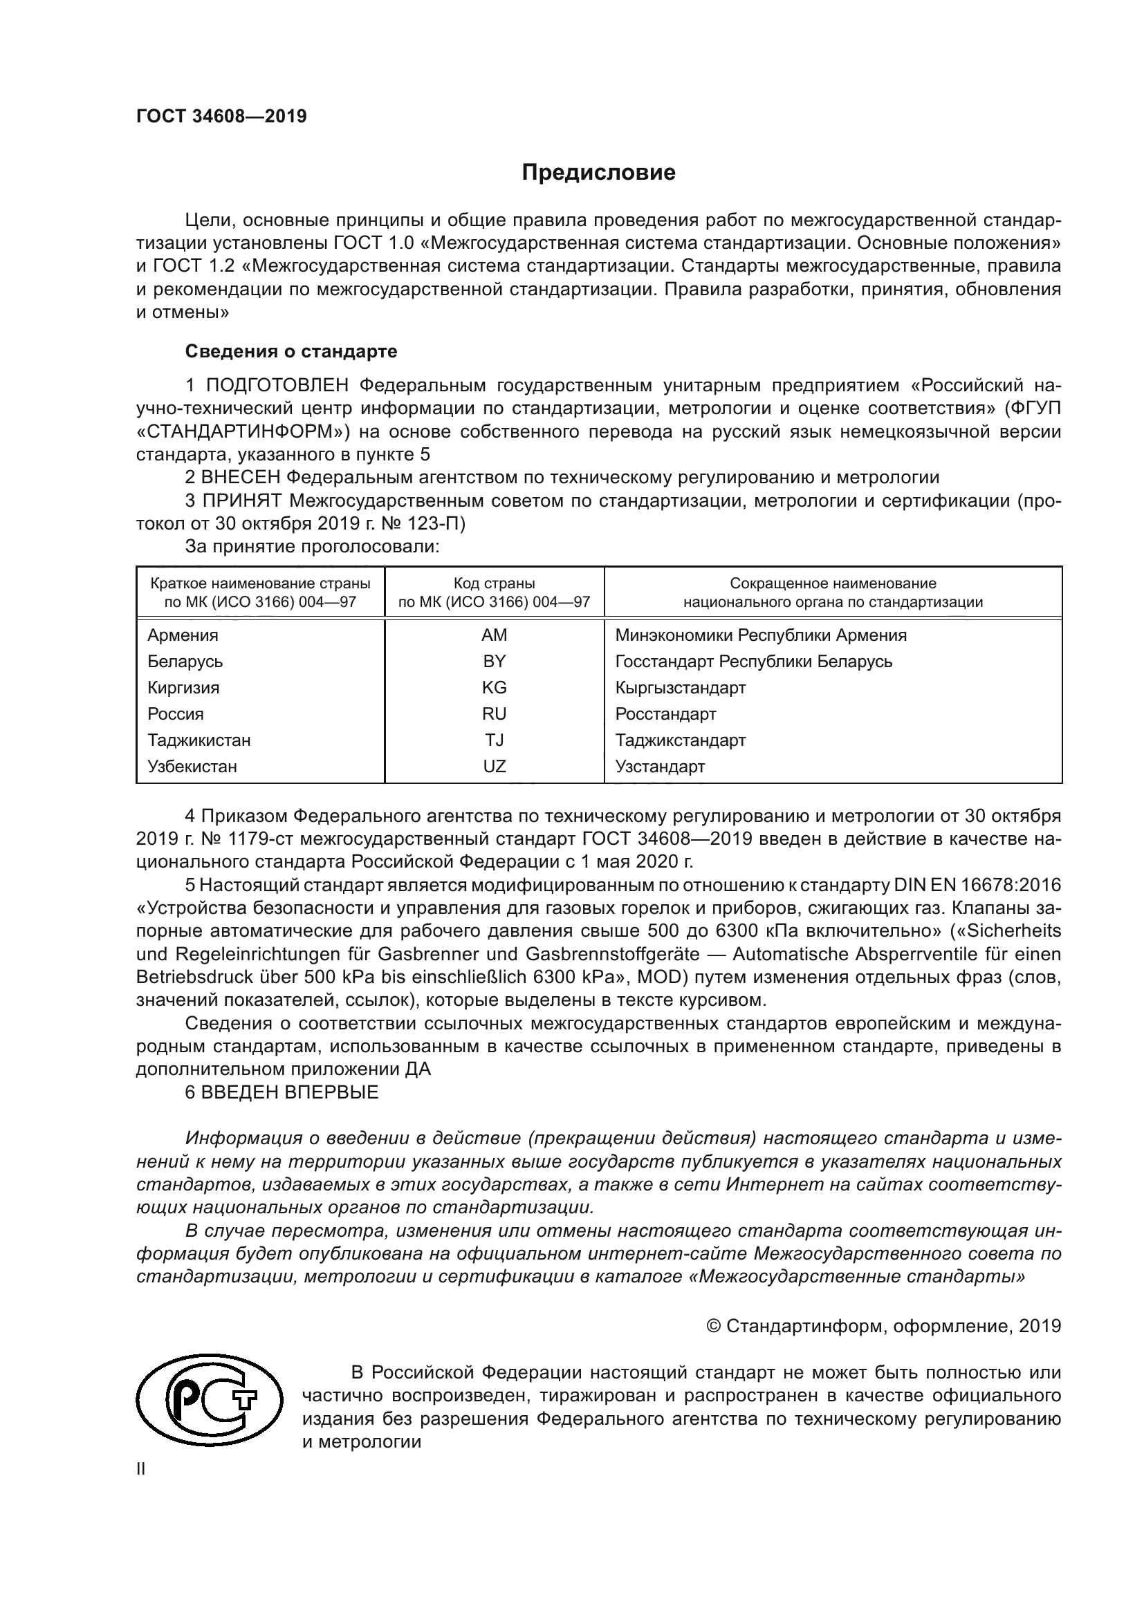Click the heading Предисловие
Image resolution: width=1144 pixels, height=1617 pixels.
coord(598,173)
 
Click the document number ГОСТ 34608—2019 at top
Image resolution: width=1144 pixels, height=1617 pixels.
coord(221,116)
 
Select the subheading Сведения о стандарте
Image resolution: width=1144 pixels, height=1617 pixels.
coord(291,350)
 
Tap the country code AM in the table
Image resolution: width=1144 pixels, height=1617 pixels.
coord(494,635)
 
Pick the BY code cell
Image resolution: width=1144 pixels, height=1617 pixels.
coord(494,662)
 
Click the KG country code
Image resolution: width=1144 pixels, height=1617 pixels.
coord(494,687)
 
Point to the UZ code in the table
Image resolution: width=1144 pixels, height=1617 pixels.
coord(494,766)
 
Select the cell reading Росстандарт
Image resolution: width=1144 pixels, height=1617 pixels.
coord(665,714)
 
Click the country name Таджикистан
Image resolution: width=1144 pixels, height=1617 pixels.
coord(199,740)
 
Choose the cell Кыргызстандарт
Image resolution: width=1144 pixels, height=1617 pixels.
coord(681,687)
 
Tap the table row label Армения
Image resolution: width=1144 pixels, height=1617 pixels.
coord(183,635)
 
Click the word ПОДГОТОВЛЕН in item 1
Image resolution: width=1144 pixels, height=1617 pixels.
coord(277,385)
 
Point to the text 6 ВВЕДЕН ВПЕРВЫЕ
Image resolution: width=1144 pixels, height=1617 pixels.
coord(281,1092)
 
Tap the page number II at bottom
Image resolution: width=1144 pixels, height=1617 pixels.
coord(141,1470)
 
